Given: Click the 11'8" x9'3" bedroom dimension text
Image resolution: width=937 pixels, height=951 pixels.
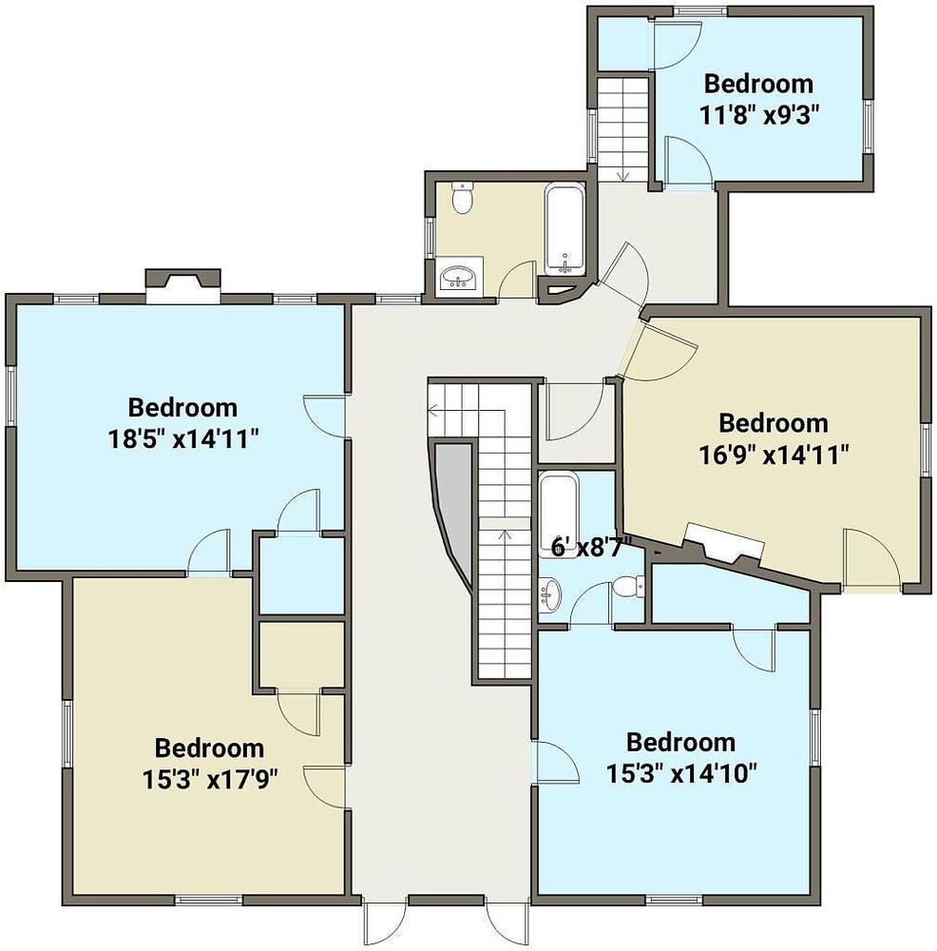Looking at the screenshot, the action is [x=759, y=114].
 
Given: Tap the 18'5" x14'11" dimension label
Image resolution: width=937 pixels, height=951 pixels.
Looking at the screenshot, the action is [x=183, y=438].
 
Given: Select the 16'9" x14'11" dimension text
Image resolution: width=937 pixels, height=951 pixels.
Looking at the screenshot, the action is [x=774, y=455].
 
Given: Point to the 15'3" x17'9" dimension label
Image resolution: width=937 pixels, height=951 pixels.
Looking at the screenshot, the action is [x=210, y=780].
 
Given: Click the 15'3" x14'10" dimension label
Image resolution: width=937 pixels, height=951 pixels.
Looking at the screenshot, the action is [x=682, y=773].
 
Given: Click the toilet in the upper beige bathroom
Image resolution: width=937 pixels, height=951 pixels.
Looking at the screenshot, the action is [x=463, y=198].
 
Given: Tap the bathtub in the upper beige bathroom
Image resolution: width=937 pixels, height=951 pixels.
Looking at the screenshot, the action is [x=564, y=229].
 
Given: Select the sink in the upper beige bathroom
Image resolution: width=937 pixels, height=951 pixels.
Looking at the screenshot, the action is [x=459, y=278].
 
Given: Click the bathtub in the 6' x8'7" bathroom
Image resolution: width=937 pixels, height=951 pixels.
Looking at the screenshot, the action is [x=558, y=514].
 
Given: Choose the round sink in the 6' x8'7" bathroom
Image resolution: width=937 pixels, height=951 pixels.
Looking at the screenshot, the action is [x=549, y=595].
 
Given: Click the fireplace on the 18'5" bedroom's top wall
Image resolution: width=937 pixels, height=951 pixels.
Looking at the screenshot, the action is [x=183, y=286].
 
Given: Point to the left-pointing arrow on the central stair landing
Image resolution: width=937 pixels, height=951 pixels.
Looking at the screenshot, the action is [x=467, y=411].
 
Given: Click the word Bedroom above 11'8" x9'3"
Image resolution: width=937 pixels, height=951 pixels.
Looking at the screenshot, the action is [x=758, y=84].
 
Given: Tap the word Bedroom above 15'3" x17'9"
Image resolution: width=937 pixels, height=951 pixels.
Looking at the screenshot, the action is [x=209, y=747].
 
